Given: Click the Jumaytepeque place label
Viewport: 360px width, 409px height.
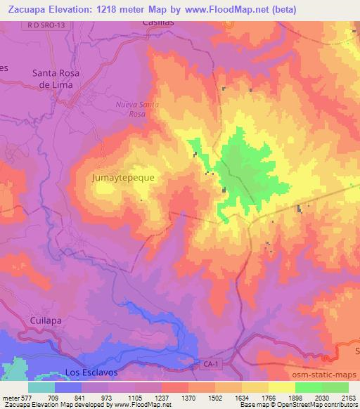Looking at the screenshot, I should (x=123, y=178).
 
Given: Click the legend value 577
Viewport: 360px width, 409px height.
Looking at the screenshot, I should (x=27, y=397).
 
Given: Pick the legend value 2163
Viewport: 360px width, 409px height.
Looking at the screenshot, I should (x=349, y=397).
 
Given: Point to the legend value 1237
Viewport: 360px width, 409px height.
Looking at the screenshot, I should (x=162, y=397).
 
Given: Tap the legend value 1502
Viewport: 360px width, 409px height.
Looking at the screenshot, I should (x=215, y=397).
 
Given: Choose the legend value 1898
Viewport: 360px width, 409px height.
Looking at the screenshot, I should (x=295, y=397).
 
